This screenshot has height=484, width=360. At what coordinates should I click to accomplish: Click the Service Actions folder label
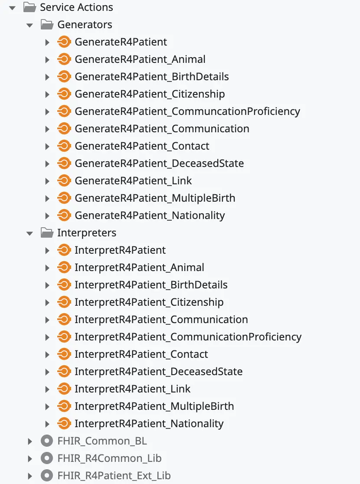tap(76, 7)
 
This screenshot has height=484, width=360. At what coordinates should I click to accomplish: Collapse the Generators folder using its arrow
tap(30, 25)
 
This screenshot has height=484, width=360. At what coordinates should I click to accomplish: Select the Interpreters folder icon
tap(47, 233)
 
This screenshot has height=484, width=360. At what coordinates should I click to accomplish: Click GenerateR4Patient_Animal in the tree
tap(140, 59)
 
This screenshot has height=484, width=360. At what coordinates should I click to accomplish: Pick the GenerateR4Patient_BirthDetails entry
tap(152, 77)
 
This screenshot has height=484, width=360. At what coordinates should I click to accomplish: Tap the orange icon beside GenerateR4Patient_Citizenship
tap(64, 94)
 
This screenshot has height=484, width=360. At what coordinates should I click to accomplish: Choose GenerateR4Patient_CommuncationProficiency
tap(187, 111)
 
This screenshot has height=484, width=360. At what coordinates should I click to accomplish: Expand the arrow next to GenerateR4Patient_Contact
tap(47, 146)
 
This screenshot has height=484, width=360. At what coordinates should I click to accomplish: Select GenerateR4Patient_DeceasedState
tap(159, 164)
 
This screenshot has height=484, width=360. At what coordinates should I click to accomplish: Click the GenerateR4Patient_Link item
tap(133, 181)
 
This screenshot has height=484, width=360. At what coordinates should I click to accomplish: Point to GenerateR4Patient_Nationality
tap(150, 216)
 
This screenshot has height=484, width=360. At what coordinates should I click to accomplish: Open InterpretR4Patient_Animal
tap(139, 268)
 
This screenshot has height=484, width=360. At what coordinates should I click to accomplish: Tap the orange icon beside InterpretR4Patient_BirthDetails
tap(64, 285)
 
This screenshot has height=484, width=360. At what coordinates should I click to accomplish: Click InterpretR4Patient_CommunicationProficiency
tap(188, 337)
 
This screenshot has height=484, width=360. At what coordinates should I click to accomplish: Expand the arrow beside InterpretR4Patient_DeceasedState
tap(47, 372)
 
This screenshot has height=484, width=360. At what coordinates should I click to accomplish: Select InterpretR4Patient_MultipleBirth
tap(154, 406)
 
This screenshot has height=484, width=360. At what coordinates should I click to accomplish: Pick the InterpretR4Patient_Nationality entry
tap(149, 424)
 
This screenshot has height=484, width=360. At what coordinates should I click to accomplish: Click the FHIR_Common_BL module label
tap(102, 441)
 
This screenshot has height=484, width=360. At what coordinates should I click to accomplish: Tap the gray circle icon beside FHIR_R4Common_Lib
tap(46, 458)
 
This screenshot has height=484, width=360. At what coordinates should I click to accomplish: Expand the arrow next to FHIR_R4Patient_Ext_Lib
tap(30, 476)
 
